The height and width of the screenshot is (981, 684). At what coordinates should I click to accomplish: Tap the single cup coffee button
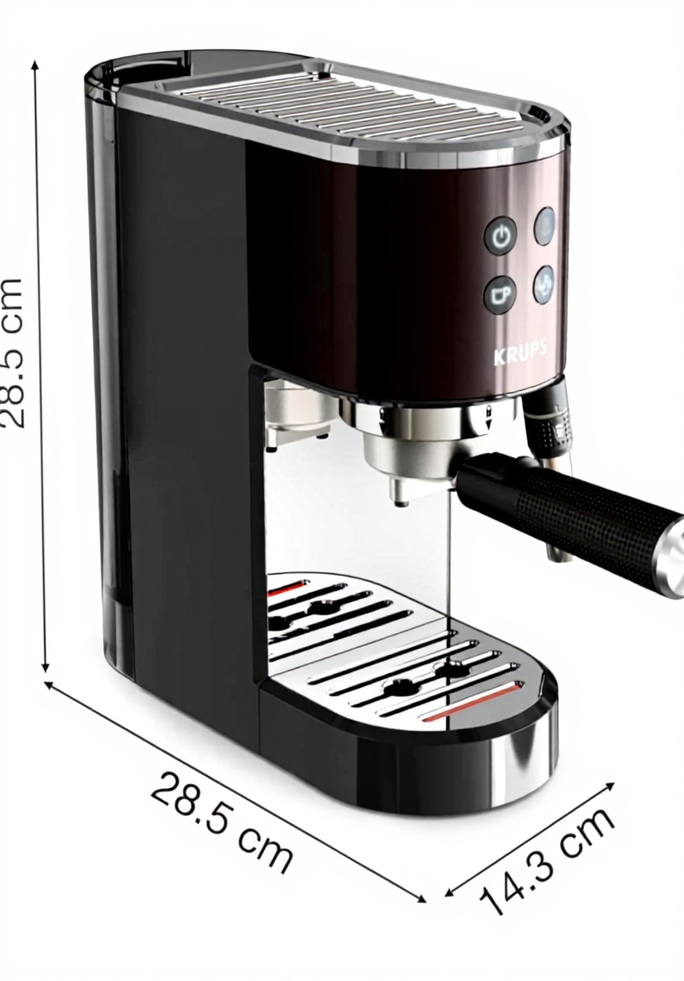[500, 295]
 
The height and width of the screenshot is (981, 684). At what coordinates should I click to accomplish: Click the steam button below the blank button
[544, 284]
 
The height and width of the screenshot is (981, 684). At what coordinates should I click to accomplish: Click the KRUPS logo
[520, 353]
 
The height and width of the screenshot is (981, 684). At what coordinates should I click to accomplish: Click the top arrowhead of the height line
[35, 65]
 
